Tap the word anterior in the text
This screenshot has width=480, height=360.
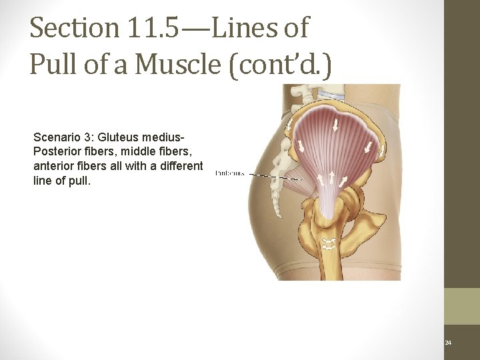tap(52, 167)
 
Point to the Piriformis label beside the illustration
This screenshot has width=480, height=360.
tap(229, 174)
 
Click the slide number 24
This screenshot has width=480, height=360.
tap(448, 343)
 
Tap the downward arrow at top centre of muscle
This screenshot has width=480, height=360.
tap(336, 125)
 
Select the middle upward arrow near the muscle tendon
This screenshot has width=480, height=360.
tap(331, 178)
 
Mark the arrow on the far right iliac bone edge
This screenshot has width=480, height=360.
tap(382, 152)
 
